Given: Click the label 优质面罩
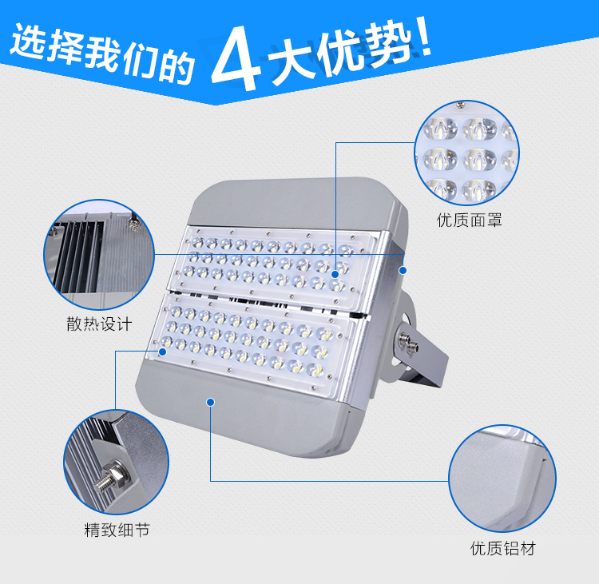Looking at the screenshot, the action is click(x=469, y=220).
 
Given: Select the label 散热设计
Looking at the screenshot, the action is click(x=99, y=324).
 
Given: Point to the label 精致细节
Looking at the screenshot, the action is click(x=117, y=530).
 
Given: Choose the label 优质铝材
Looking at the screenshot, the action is click(x=502, y=549).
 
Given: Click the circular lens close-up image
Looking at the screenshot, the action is click(x=467, y=153).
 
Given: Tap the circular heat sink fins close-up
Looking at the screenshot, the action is click(x=99, y=255).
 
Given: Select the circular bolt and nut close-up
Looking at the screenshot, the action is click(x=116, y=462).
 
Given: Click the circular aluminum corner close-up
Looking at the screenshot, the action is click(x=502, y=479).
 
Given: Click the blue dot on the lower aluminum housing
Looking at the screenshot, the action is click(x=211, y=402).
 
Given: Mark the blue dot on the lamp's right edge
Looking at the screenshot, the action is click(x=403, y=271).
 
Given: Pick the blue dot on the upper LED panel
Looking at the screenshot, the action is click(x=335, y=274).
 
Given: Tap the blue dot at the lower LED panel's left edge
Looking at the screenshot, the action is click(x=162, y=352).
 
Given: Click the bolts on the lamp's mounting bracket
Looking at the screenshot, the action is click(x=408, y=343).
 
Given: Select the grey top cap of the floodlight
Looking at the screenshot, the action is click(x=294, y=202).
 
